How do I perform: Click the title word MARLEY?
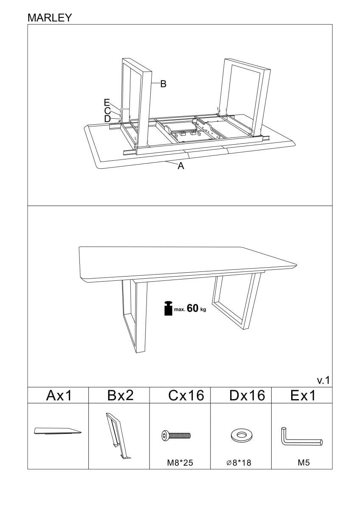point(50,17)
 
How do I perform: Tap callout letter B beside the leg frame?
point(163,84)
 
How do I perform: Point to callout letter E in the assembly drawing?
point(107,102)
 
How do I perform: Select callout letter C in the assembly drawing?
point(107,110)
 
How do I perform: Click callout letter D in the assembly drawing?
point(107,118)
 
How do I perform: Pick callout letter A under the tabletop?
point(181,167)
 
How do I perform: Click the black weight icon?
point(168,308)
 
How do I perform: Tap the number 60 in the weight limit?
point(193,308)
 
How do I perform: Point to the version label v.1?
point(323,380)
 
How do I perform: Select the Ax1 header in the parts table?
point(59,396)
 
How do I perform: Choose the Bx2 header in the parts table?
point(121,396)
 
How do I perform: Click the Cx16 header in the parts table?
point(186,396)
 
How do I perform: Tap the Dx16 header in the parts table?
point(247,396)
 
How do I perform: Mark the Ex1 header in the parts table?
point(303,396)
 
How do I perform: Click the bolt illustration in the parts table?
point(176,435)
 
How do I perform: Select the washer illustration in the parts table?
point(241,435)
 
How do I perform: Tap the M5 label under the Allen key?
point(304,463)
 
